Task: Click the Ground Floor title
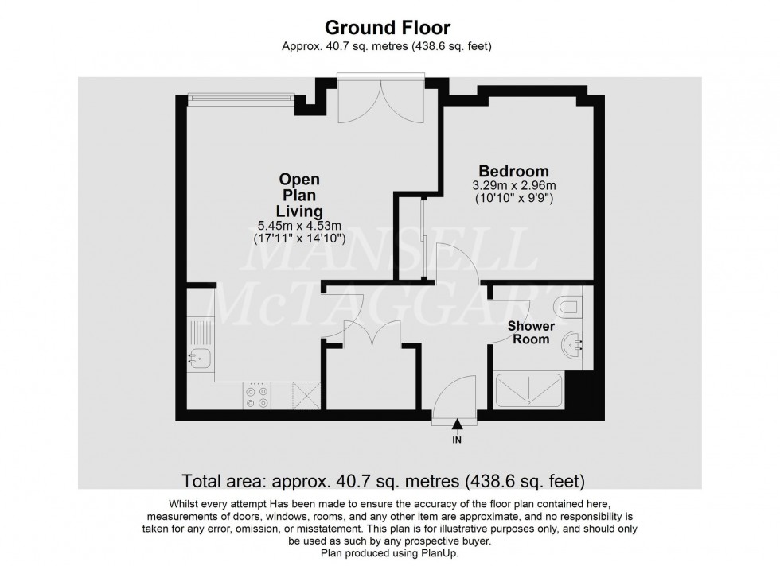click(390, 29)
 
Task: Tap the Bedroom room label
click(513, 171)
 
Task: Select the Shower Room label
click(530, 332)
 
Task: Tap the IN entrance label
click(458, 440)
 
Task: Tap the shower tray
click(531, 392)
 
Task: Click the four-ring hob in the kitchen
click(257, 397)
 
